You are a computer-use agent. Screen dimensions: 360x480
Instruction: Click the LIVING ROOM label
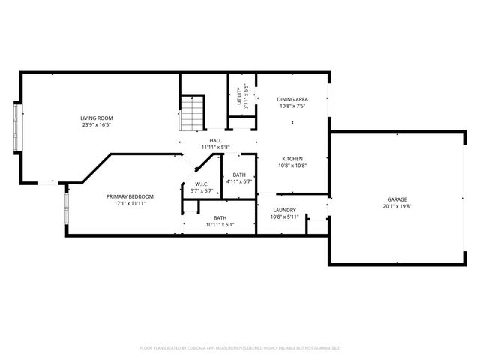click(x=97, y=118)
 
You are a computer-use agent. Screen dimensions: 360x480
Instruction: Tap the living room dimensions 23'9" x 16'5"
click(x=97, y=125)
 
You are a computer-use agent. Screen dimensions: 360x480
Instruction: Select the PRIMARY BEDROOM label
click(x=134, y=196)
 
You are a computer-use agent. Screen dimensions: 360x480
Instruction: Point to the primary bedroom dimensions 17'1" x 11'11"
click(x=134, y=203)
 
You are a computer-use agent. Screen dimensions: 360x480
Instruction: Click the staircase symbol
click(x=193, y=112)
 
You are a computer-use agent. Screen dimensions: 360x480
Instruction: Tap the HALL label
click(x=215, y=140)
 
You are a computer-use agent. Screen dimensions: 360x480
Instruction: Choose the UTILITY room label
click(x=239, y=97)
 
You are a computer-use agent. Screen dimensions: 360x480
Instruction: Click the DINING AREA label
click(x=291, y=98)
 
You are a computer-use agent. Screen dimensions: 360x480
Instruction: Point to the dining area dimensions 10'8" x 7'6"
click(x=291, y=106)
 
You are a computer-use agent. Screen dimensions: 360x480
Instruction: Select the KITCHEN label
click(x=292, y=158)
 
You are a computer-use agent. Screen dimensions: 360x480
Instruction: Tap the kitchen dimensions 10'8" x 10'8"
click(x=292, y=166)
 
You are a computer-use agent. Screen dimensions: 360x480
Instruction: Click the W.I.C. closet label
click(x=201, y=184)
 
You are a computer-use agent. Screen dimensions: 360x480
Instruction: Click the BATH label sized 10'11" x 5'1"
click(x=220, y=217)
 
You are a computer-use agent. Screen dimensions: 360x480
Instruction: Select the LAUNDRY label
click(x=284, y=210)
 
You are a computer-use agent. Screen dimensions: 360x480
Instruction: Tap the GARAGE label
click(x=397, y=199)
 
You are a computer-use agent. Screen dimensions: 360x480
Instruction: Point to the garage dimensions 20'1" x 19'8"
click(x=397, y=207)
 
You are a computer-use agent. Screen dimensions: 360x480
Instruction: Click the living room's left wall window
click(x=16, y=125)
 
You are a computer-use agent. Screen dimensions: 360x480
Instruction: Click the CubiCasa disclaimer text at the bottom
click(x=240, y=348)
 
